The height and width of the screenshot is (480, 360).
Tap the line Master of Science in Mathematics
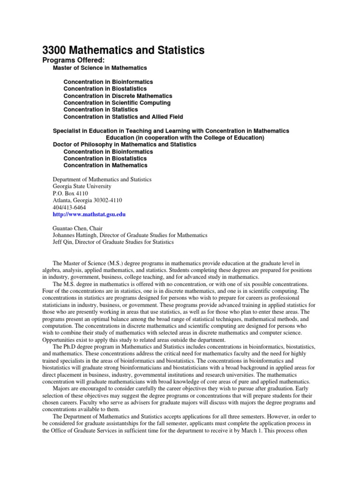pyautogui.click(x=100, y=68)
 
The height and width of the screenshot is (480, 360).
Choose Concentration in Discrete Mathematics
pyautogui.click(x=118, y=96)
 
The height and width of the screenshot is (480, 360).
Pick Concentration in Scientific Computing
pyautogui.click(x=117, y=103)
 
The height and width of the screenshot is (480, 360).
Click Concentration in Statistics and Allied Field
pyautogui.click(x=123, y=117)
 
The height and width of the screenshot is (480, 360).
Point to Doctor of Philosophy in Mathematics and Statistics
pyautogui.click(x=125, y=145)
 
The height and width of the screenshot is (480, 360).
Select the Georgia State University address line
pyautogui.click(x=82, y=187)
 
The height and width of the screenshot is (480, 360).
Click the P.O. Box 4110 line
pyautogui.click(x=70, y=193)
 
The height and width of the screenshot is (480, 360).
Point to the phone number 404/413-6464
pyautogui.click(x=69, y=207)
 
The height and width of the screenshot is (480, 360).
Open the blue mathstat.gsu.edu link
pyautogui.click(x=89, y=214)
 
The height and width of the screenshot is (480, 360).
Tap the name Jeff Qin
pyautogui.click(x=64, y=242)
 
